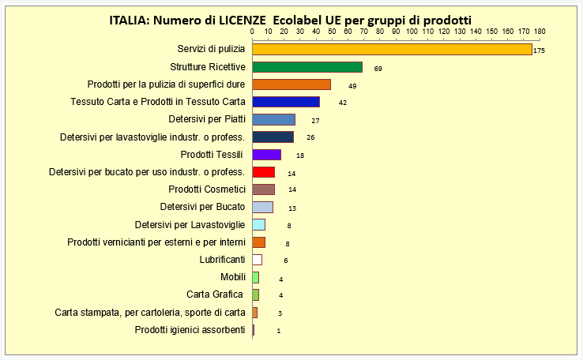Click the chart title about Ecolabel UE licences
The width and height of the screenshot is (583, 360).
(290, 20)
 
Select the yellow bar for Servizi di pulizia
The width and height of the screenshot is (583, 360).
(392, 50)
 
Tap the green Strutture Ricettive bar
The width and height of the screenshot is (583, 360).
(307, 67)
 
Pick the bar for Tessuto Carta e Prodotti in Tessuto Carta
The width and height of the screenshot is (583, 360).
(285, 102)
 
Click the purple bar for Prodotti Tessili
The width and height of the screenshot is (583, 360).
(266, 155)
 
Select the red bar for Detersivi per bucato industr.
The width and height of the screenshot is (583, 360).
(263, 172)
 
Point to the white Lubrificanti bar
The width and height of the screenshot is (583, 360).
(257, 260)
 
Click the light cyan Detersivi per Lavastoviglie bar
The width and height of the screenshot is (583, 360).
(258, 225)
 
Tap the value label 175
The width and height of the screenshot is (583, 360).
(540, 51)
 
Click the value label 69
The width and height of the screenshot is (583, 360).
(378, 69)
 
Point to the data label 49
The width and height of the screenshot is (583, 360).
(352, 86)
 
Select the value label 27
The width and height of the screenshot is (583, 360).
(315, 121)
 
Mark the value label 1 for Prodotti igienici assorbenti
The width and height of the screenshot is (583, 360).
(278, 331)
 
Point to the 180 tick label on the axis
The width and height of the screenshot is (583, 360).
(540, 32)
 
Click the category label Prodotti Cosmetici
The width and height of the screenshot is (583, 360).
(207, 189)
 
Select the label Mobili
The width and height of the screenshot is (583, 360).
(233, 277)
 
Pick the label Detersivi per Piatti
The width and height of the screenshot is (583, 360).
(207, 119)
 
